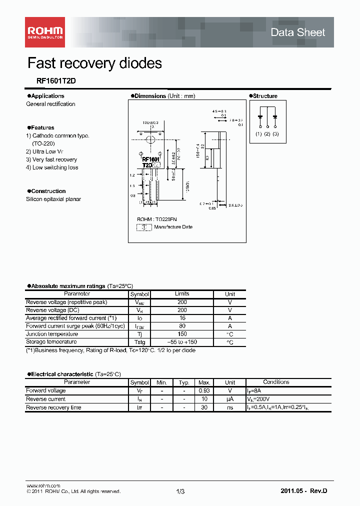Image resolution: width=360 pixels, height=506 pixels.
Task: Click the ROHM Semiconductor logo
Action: coord(45,31)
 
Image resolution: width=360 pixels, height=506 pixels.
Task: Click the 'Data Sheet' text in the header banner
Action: coord(297,32)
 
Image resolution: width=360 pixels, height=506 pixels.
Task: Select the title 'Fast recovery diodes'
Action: coord(94,63)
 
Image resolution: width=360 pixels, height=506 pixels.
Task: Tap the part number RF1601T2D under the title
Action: coord(49,80)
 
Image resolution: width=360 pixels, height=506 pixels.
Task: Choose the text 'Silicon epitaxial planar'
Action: coord(53,199)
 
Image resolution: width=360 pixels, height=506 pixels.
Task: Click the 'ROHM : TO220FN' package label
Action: coord(157,219)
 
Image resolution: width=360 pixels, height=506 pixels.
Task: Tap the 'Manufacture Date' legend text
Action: coord(173,227)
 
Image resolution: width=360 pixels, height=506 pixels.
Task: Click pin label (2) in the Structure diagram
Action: coord(267,134)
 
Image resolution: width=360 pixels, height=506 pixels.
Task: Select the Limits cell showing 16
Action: coord(182,318)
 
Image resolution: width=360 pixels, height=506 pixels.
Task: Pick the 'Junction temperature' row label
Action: coord(52,334)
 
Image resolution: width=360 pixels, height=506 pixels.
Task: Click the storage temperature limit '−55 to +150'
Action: coord(182,342)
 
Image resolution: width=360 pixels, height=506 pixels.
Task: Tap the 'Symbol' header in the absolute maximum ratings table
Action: coord(139,294)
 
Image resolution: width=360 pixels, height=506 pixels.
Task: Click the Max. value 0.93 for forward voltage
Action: coord(203,390)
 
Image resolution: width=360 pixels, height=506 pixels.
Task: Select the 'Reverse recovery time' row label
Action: coord(53,407)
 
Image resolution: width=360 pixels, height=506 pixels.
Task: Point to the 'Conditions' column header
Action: coord(276,382)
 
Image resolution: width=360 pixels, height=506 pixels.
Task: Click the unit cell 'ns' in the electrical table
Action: coord(230,407)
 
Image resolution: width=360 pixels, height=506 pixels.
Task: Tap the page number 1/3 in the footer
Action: coord(180,491)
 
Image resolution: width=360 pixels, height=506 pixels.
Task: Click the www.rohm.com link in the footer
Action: coord(43,485)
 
